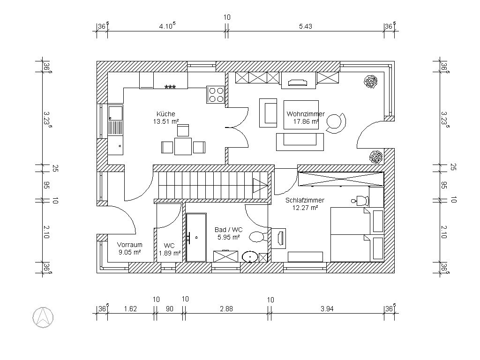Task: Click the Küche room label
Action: pyautogui.click(x=166, y=114)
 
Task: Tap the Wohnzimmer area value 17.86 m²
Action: pyautogui.click(x=306, y=121)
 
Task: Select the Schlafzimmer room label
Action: pyautogui.click(x=305, y=200)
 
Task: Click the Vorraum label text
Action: pyautogui.click(x=129, y=245)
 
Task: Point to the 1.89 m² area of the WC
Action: pyautogui.click(x=169, y=253)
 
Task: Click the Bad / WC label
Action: pyautogui.click(x=228, y=230)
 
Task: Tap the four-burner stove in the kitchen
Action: pyautogui.click(x=216, y=95)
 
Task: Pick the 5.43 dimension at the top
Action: pyautogui.click(x=305, y=26)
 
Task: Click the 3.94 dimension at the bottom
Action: pyautogui.click(x=327, y=308)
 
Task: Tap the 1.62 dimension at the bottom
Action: pyautogui.click(x=130, y=308)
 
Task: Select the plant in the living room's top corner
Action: pyautogui.click(x=371, y=82)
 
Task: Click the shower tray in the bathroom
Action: pyautogui.click(x=196, y=237)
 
